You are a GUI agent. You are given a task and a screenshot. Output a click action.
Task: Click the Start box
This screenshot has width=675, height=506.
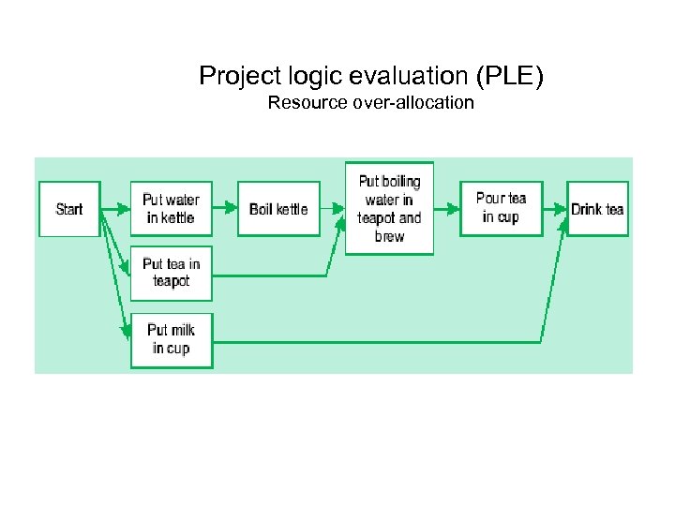point(69,209)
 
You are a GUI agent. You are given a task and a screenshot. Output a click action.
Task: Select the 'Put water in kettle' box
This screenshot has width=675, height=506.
point(171,209)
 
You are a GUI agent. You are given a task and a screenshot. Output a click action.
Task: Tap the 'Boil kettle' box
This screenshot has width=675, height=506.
point(278,209)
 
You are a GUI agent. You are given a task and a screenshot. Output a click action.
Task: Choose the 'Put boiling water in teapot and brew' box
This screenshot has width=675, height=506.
point(389,208)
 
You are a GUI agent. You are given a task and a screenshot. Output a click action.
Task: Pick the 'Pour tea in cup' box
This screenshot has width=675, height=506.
point(501,208)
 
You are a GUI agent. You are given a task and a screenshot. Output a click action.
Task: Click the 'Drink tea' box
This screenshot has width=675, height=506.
point(597,209)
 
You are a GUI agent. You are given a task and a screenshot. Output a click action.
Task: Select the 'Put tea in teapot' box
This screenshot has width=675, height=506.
point(171,273)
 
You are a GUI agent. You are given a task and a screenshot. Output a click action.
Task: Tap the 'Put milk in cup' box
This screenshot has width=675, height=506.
point(171,339)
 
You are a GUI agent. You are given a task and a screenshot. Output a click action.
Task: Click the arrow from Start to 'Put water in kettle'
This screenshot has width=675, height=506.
point(115,209)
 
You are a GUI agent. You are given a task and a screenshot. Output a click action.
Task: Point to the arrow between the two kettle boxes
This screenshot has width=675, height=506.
point(225,209)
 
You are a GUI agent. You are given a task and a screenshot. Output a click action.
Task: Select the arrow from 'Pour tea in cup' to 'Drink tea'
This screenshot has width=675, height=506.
point(555,208)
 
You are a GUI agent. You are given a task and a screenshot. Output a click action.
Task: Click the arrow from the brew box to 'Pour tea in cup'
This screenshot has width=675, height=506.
point(446,208)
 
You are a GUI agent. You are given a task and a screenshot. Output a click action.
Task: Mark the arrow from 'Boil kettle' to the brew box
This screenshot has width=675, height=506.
point(333,208)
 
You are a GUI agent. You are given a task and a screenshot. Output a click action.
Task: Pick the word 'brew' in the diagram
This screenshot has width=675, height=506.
point(389,237)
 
